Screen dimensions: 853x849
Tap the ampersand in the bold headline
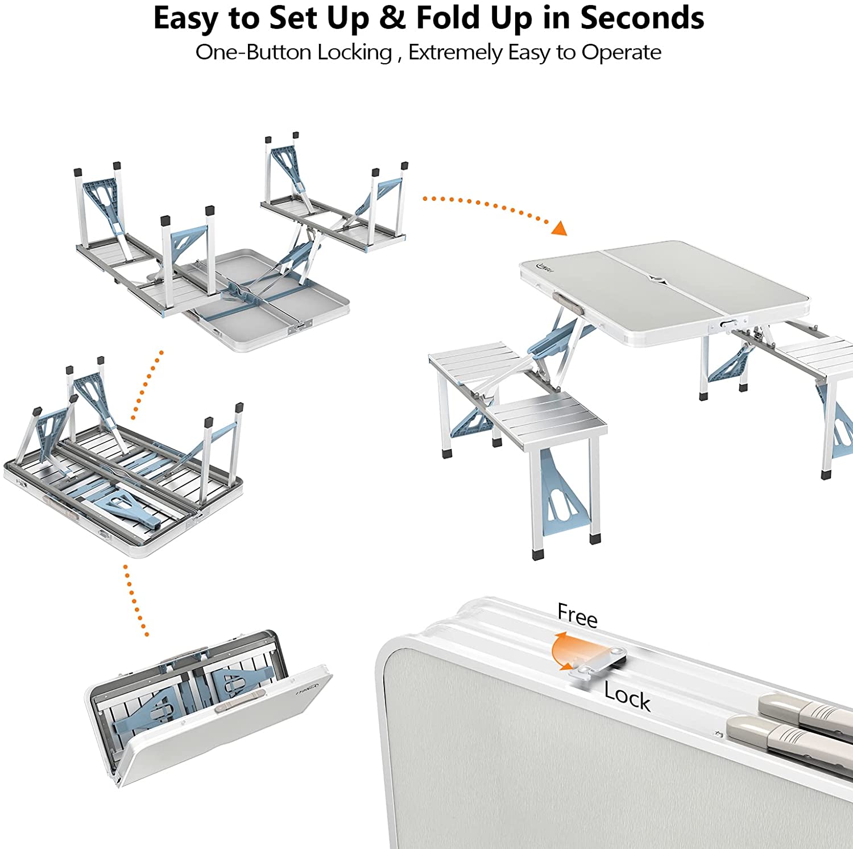point(392,18)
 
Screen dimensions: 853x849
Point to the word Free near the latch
point(577,615)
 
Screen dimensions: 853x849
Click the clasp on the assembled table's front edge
point(726,324)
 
